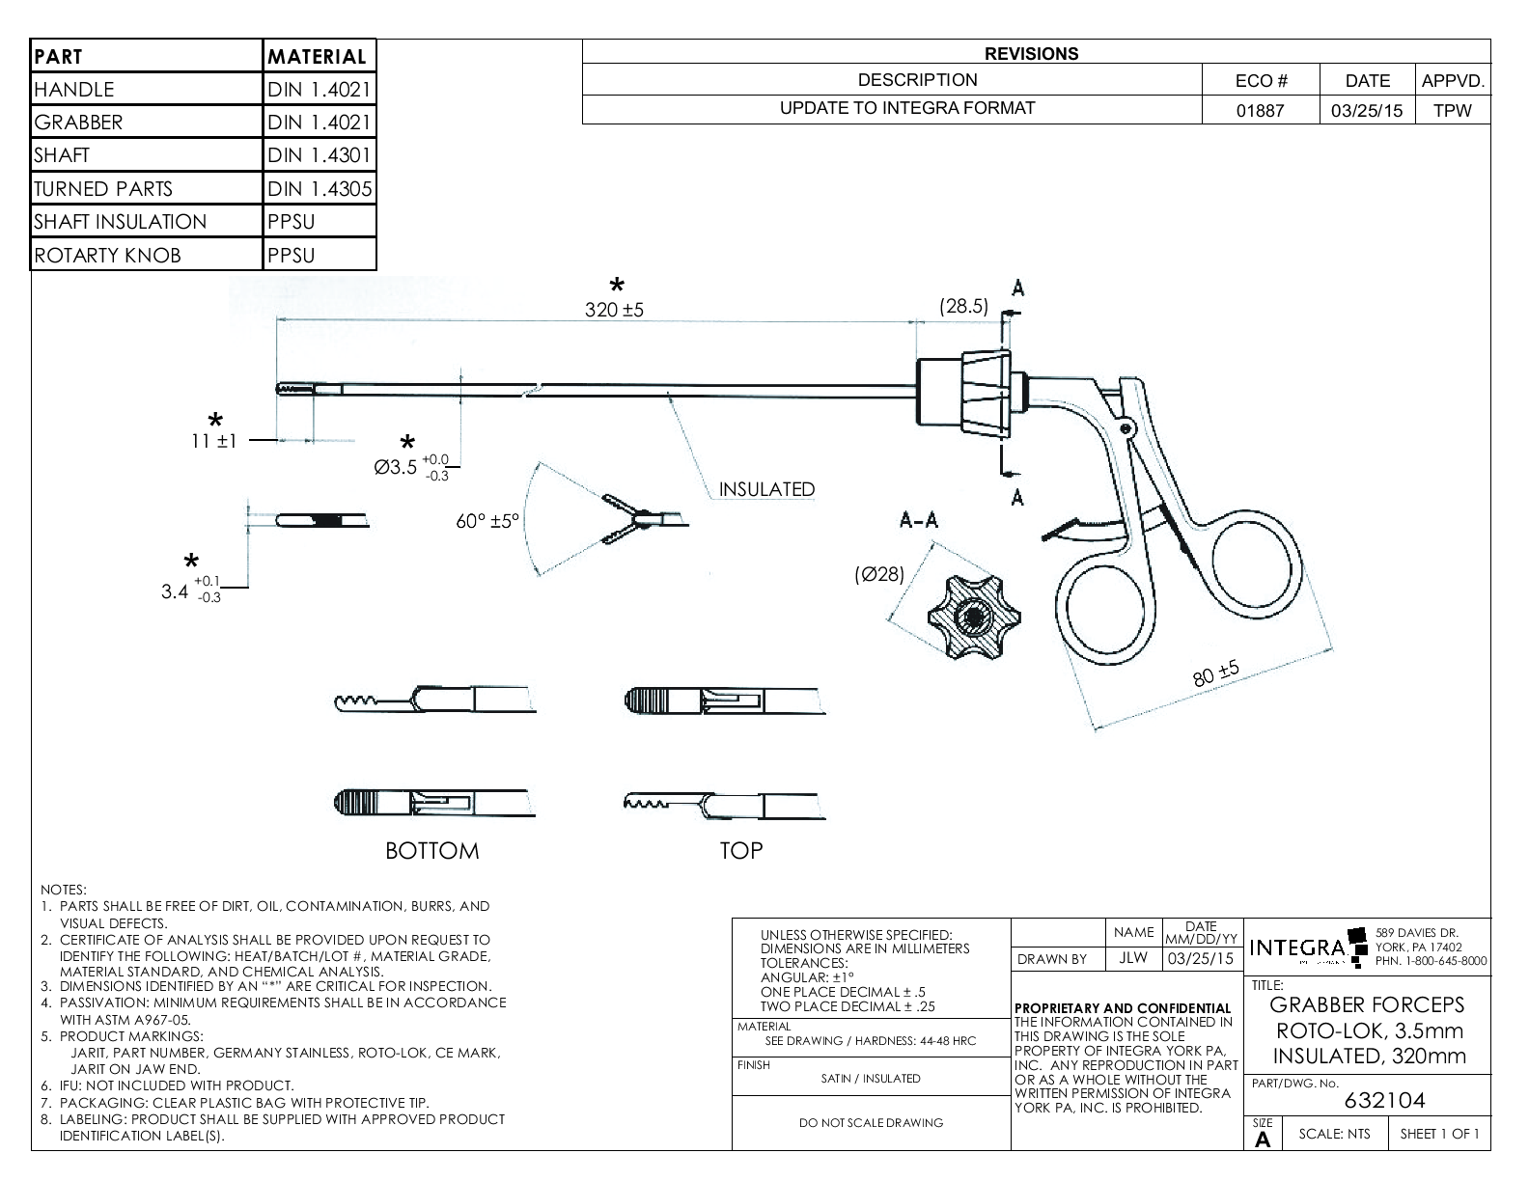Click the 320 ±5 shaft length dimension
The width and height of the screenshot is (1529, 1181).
coord(614,310)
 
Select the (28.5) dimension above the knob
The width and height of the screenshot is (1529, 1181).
coord(963,306)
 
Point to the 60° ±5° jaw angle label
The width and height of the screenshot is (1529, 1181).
coord(487,521)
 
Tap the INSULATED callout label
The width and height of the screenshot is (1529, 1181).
coord(766,489)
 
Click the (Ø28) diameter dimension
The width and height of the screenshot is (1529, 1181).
coord(879,575)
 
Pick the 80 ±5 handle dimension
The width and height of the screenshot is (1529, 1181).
coord(1216,674)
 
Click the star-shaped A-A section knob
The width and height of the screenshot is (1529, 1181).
coord(973,617)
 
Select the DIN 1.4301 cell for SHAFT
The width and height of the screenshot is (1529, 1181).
coord(320,155)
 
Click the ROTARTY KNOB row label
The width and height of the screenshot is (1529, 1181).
coord(107,256)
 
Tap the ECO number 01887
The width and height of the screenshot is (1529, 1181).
coord(1261,110)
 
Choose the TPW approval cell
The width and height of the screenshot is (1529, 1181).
coord(1452,110)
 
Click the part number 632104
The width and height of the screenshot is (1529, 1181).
coord(1384,1100)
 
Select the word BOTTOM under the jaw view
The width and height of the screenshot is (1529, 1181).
coord(431,851)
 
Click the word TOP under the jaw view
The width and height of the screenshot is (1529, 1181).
coord(741,850)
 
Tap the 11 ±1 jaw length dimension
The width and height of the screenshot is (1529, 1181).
coord(213,441)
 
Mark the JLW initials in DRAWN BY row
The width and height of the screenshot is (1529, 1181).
coord(1133,959)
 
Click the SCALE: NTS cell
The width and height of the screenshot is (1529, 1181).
coord(1334,1134)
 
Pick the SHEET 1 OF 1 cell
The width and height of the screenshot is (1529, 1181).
coord(1439,1134)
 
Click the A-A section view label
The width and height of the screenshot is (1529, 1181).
coord(918,520)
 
